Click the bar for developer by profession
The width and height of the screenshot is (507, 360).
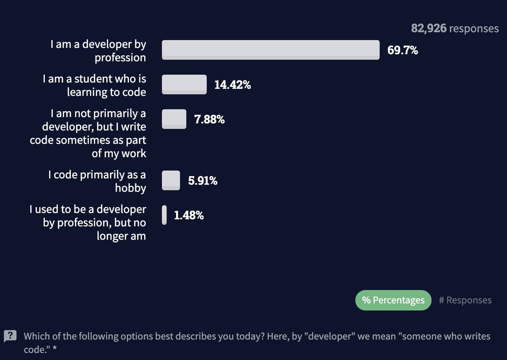tap(270, 50)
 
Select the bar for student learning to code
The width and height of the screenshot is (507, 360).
tap(184, 84)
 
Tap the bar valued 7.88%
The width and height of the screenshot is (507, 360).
tap(174, 119)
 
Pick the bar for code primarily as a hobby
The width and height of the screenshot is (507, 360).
tap(171, 180)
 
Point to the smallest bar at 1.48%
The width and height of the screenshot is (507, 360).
tap(164, 215)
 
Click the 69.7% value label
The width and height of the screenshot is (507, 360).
tap(402, 50)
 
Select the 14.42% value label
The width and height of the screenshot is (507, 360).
tap(232, 84)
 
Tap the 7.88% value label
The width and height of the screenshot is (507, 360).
tap(209, 119)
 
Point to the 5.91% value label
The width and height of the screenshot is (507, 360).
tap(202, 181)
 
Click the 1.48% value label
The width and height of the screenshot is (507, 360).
tap(189, 215)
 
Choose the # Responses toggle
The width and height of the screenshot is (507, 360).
tap(465, 300)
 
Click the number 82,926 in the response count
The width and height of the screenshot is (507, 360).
tap(428, 29)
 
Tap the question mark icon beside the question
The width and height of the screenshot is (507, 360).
tap(10, 336)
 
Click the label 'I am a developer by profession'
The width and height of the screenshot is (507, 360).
tap(98, 51)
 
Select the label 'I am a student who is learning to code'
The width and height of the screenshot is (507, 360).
tap(95, 85)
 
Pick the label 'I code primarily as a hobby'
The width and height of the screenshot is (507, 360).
tap(97, 181)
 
